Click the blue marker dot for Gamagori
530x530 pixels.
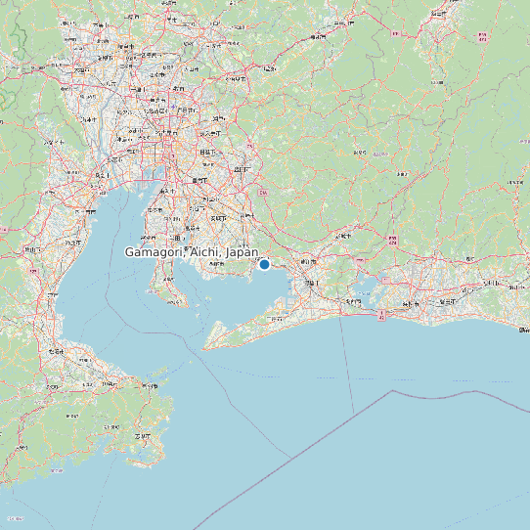[264, 264]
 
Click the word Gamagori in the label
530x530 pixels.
[154, 252]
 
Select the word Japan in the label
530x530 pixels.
[242, 252]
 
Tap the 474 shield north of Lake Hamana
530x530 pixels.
[392, 240]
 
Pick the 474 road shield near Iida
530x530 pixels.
[481, 36]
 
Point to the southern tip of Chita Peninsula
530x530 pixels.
[182, 303]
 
